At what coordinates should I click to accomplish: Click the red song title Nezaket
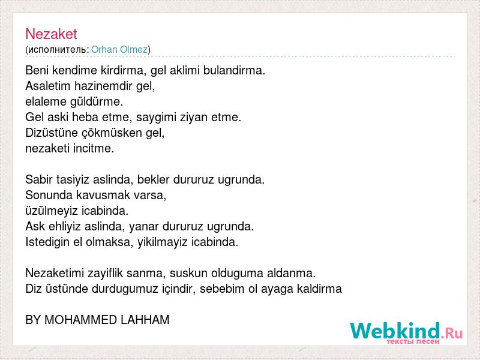pyautogui.click(x=51, y=34)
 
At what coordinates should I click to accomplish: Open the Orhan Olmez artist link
pyautogui.click(x=119, y=49)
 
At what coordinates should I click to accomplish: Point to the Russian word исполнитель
pyautogui.click(x=57, y=50)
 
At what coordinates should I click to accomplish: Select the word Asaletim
pyautogui.click(x=48, y=86)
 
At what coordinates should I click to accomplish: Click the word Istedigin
pyautogui.click(x=47, y=242)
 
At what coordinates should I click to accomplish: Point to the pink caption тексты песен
pyautogui.click(x=413, y=341)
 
